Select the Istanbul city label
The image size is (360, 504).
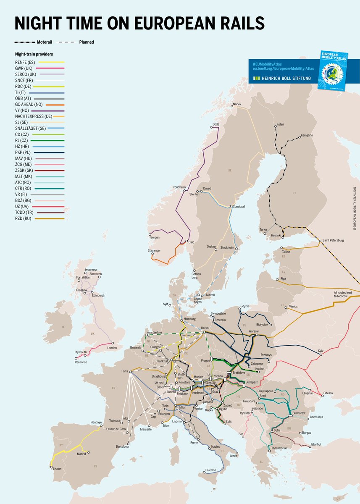click(x=315, y=444)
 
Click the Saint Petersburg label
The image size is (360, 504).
click(x=333, y=240)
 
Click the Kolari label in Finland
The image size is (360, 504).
click(x=281, y=124)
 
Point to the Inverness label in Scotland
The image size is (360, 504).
click(x=91, y=270)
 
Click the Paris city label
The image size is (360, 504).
click(x=124, y=371)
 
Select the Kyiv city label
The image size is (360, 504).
click(x=321, y=350)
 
